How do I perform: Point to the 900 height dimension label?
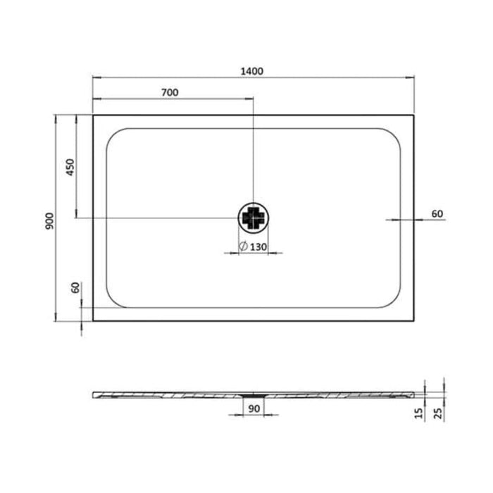49,220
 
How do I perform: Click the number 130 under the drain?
258,246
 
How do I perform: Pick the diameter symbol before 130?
242,246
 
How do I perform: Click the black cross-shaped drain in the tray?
253,218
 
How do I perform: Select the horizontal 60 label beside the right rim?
437,213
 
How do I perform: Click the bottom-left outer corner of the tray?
93,321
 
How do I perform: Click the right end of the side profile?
413,392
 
